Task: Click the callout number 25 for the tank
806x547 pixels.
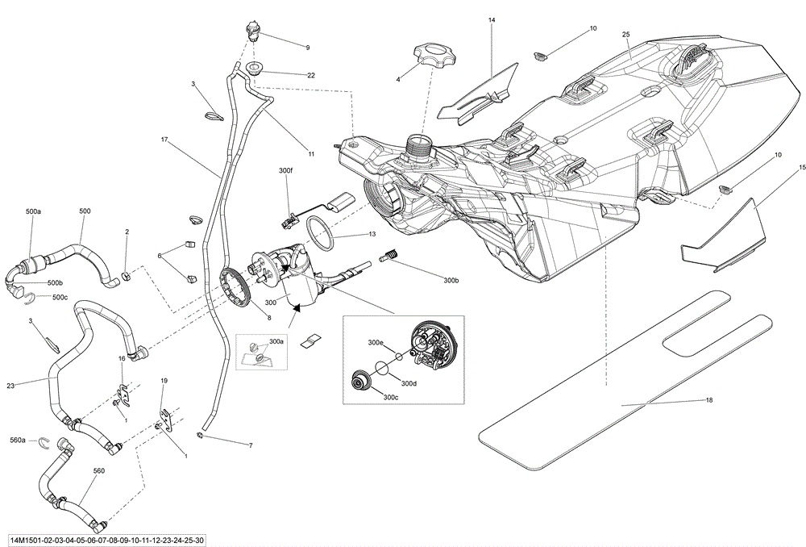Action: tap(625, 35)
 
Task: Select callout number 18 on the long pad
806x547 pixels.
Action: tap(709, 400)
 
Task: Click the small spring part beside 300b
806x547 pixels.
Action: tap(390, 257)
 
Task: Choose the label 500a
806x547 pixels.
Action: tap(33, 211)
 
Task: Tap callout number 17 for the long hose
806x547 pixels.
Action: tap(164, 140)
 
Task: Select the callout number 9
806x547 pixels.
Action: tap(307, 48)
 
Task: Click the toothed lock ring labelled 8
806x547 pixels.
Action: tap(239, 282)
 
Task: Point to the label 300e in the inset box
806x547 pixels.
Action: tap(376, 343)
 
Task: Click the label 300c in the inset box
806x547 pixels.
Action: tap(391, 397)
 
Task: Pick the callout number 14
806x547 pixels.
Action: tap(492, 18)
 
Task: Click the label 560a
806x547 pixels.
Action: tap(17, 441)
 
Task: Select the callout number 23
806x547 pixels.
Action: tap(10, 386)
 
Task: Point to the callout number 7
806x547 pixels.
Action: tap(250, 445)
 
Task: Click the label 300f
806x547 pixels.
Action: tap(286, 171)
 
